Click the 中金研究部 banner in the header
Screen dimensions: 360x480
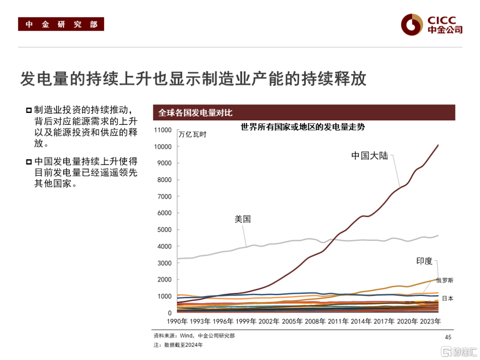pos(61,24)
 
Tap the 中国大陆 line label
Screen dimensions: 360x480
pos(369,156)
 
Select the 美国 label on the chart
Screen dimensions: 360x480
pos(243,219)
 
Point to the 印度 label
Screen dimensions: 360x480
pos(424,261)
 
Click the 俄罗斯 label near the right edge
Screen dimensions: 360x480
pos(444,280)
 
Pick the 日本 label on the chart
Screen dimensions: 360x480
pos(447,299)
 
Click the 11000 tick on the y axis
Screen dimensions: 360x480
pos(163,130)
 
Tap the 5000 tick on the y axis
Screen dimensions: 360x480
pos(164,230)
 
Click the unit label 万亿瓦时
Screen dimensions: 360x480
pos(192,135)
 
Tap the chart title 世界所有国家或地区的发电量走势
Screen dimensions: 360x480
pos(303,127)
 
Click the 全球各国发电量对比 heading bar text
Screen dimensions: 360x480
pos(195,112)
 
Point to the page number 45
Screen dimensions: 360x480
pos(448,337)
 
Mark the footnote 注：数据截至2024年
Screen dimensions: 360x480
pos(178,345)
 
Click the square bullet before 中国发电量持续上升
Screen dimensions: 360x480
pos(29,161)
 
